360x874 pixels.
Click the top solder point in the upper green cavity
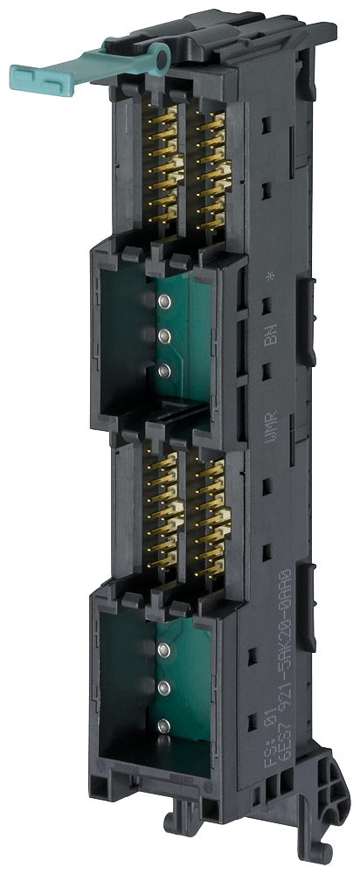163,302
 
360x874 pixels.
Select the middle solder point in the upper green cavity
163,336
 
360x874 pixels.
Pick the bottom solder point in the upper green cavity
163,371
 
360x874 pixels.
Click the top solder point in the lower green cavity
163,649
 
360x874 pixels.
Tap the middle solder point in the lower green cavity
163,686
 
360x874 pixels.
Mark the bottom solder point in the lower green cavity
163,725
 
